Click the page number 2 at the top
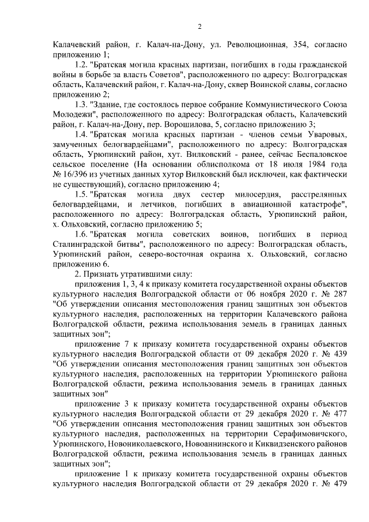click(x=199, y=26)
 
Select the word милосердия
click(x=254, y=202)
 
